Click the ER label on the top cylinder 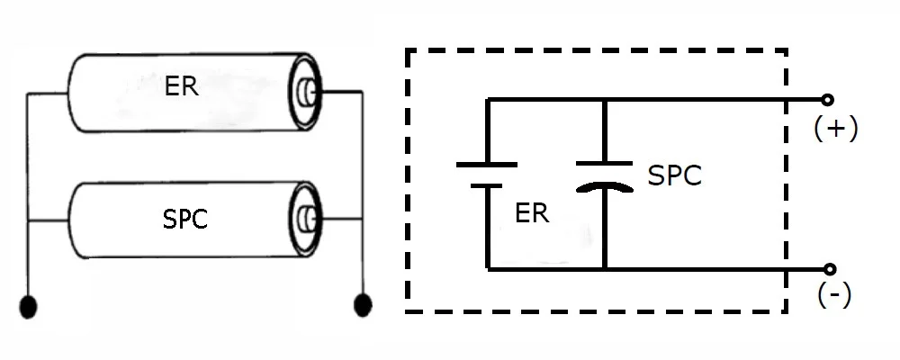[x=182, y=88]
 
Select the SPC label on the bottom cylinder [x=185, y=218]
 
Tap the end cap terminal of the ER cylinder [x=306, y=91]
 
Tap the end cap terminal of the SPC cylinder [x=306, y=218]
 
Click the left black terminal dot [x=30, y=306]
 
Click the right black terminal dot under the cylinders [x=363, y=306]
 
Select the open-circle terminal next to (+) [x=828, y=99]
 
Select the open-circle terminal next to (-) [x=829, y=268]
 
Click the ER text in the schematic [x=532, y=214]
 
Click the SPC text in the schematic [x=674, y=176]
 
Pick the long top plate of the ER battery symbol [x=487, y=165]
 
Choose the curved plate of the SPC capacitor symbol [x=604, y=186]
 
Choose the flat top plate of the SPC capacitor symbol [x=604, y=164]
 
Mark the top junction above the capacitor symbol [x=604, y=99]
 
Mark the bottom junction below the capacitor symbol [x=604, y=268]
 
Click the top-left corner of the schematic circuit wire [x=487, y=99]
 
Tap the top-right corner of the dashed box [x=787, y=50]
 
